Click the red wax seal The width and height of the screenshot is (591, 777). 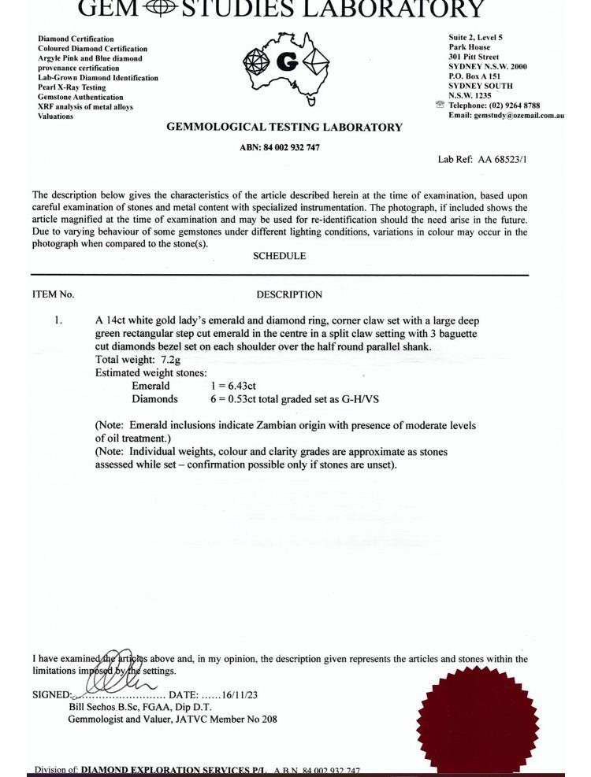[x=478, y=720]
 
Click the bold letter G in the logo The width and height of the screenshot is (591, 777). [x=287, y=62]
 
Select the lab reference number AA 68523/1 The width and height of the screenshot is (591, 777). [x=502, y=160]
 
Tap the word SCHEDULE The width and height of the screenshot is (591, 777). [x=279, y=256]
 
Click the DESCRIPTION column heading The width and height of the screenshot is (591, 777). [x=289, y=294]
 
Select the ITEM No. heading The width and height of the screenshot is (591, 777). [x=53, y=294]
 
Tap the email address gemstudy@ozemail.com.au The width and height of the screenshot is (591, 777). [x=518, y=115]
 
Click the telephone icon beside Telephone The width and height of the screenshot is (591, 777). [x=440, y=105]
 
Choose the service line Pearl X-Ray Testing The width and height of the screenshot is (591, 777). [x=72, y=87]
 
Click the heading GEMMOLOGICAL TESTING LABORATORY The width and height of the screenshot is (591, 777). [x=284, y=128]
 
